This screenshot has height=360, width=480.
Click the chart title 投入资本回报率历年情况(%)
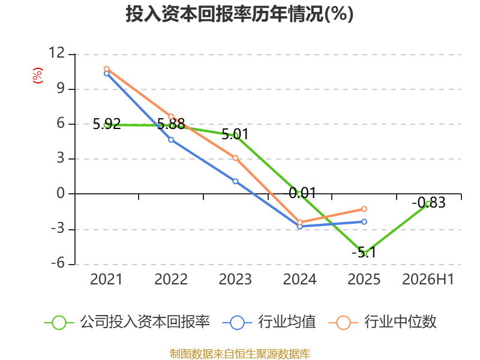point(239,14)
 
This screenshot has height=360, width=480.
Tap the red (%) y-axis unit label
point(38,76)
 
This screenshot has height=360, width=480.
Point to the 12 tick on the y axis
point(57,53)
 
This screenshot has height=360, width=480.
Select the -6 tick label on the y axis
point(58,263)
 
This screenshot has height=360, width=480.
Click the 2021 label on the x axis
point(106,279)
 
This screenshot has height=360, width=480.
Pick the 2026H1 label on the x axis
point(428,279)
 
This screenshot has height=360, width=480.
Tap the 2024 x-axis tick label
point(299,279)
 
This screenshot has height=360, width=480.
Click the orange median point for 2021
point(107,69)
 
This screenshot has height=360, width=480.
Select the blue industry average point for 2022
point(171,140)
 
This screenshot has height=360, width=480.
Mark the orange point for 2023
point(235,158)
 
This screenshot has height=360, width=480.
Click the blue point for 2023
point(235,181)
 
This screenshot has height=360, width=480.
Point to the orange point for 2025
point(364,209)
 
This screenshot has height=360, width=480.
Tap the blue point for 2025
point(364,221)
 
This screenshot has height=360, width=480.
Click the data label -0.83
point(428,203)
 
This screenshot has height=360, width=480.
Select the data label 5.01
point(235,134)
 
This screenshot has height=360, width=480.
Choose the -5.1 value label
point(364,253)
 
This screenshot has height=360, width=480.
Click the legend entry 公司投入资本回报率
point(127,322)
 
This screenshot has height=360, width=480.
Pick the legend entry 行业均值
point(269,322)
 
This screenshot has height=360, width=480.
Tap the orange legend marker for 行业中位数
point(343,323)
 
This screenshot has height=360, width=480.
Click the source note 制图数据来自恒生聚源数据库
point(240,354)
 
